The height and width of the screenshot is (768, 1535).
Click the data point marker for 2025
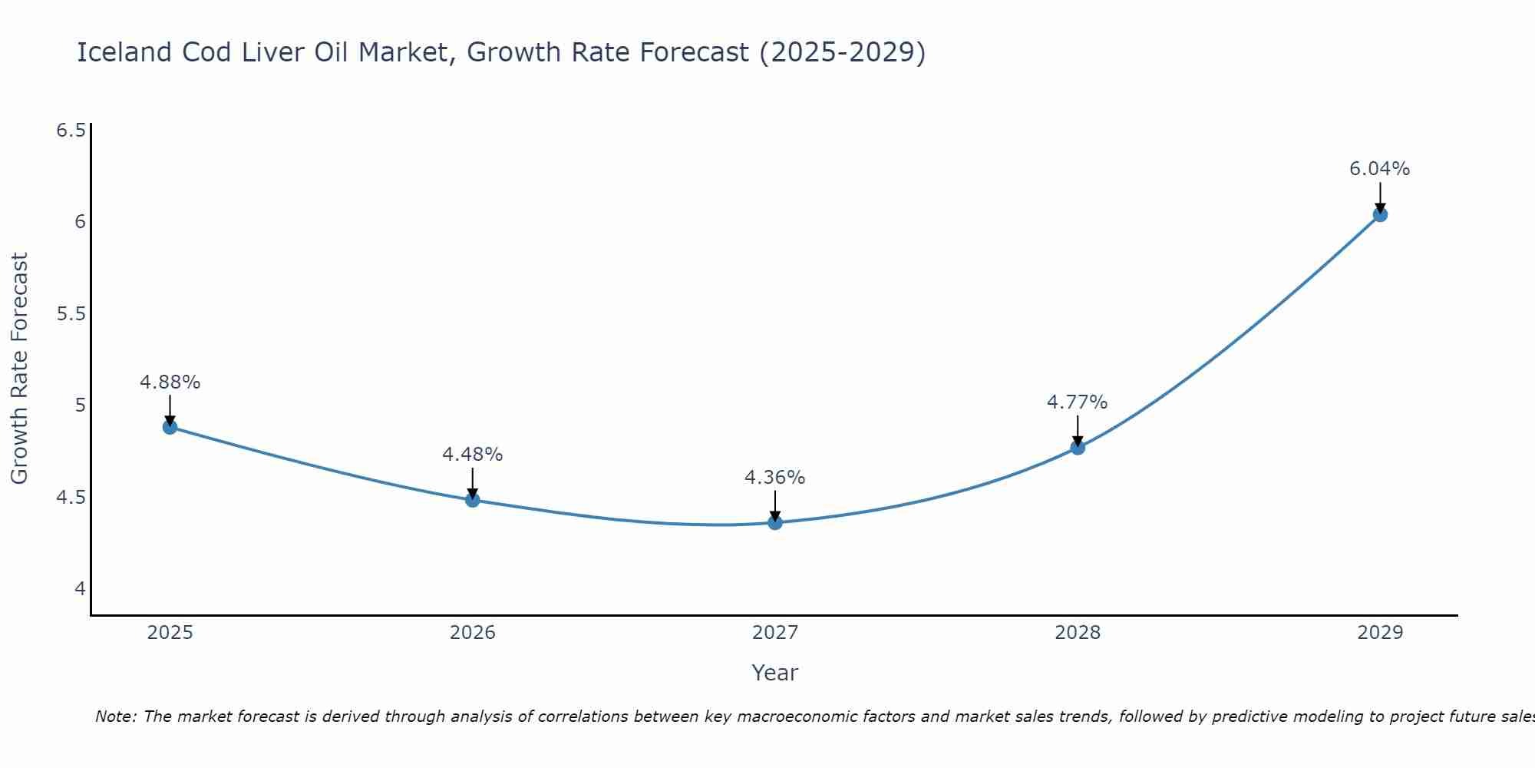170,427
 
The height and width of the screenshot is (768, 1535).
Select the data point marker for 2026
473,500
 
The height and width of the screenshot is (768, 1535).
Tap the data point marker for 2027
775,523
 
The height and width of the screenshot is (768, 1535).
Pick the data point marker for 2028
1078,447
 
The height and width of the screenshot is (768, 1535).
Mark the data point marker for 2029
1380,214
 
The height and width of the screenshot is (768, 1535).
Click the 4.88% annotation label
170,382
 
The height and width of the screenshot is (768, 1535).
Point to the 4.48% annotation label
473,454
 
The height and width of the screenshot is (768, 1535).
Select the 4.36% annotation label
775,477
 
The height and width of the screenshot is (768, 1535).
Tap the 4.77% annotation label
1078,402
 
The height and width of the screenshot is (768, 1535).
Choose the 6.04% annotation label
1380,168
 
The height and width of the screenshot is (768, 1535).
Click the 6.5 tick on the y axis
71,130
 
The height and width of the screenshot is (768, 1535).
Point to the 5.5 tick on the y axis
71,313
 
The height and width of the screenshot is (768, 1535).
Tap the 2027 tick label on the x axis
775,633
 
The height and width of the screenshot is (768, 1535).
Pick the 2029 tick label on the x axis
1380,633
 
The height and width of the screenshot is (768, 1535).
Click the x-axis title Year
775,673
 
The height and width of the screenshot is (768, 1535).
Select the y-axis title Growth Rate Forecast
19,368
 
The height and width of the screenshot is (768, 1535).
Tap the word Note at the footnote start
115,717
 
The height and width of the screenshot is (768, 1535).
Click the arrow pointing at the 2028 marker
1078,431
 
